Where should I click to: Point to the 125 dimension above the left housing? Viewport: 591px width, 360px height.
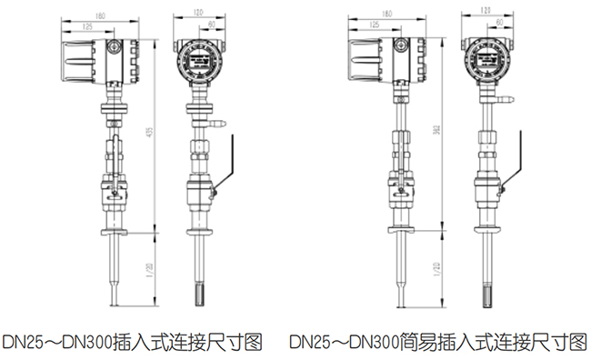click(87, 27)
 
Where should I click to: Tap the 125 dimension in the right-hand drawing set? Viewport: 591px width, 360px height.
click(375, 27)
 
